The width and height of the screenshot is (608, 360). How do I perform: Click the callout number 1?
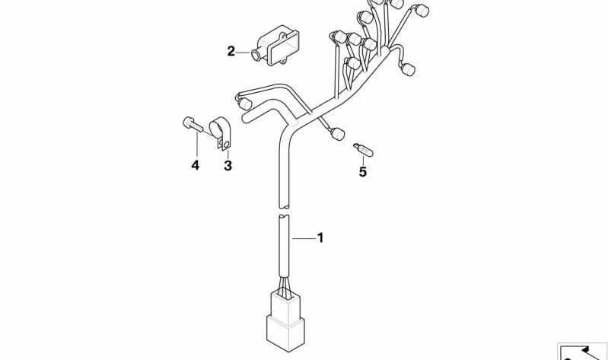[x=320, y=237]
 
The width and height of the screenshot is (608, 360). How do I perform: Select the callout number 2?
[x=231, y=51]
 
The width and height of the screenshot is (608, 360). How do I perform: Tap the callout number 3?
[x=228, y=166]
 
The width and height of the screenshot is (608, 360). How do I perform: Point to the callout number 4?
[x=195, y=165]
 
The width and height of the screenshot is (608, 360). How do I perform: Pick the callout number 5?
[x=362, y=171]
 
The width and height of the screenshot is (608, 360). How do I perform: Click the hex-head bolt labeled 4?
[x=193, y=124]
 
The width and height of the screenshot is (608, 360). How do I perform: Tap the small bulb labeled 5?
[x=363, y=150]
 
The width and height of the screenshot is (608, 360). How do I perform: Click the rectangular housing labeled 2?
[x=275, y=46]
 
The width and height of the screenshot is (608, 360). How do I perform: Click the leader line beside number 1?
[x=304, y=238]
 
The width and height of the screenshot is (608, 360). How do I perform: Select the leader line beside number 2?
[x=244, y=53]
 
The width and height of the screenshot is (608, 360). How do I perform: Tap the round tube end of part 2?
[x=256, y=55]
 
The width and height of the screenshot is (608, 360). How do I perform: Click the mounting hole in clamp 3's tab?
[x=226, y=145]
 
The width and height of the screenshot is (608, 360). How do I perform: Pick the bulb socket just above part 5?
[x=338, y=134]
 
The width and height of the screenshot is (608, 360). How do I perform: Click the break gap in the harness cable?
[x=285, y=211]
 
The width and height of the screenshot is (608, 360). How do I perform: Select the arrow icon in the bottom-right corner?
[x=582, y=352]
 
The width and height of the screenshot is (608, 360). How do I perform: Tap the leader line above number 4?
[x=197, y=145]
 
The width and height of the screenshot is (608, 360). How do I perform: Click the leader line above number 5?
[x=363, y=161]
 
